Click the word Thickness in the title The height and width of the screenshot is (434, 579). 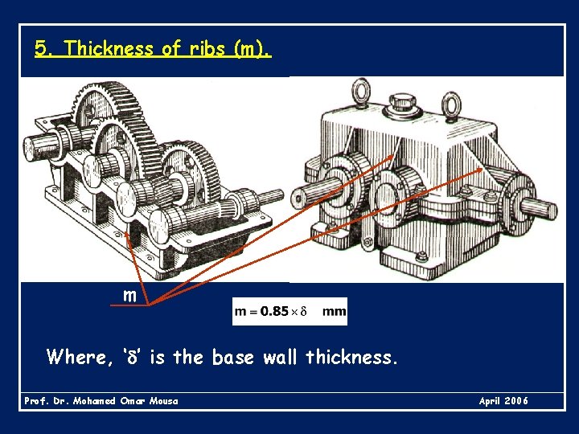[110, 48]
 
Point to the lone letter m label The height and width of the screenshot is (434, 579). [129, 296]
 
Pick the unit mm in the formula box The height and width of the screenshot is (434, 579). [334, 311]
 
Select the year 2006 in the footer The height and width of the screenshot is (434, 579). [516, 400]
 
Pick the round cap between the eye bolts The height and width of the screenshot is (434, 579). [400, 104]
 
